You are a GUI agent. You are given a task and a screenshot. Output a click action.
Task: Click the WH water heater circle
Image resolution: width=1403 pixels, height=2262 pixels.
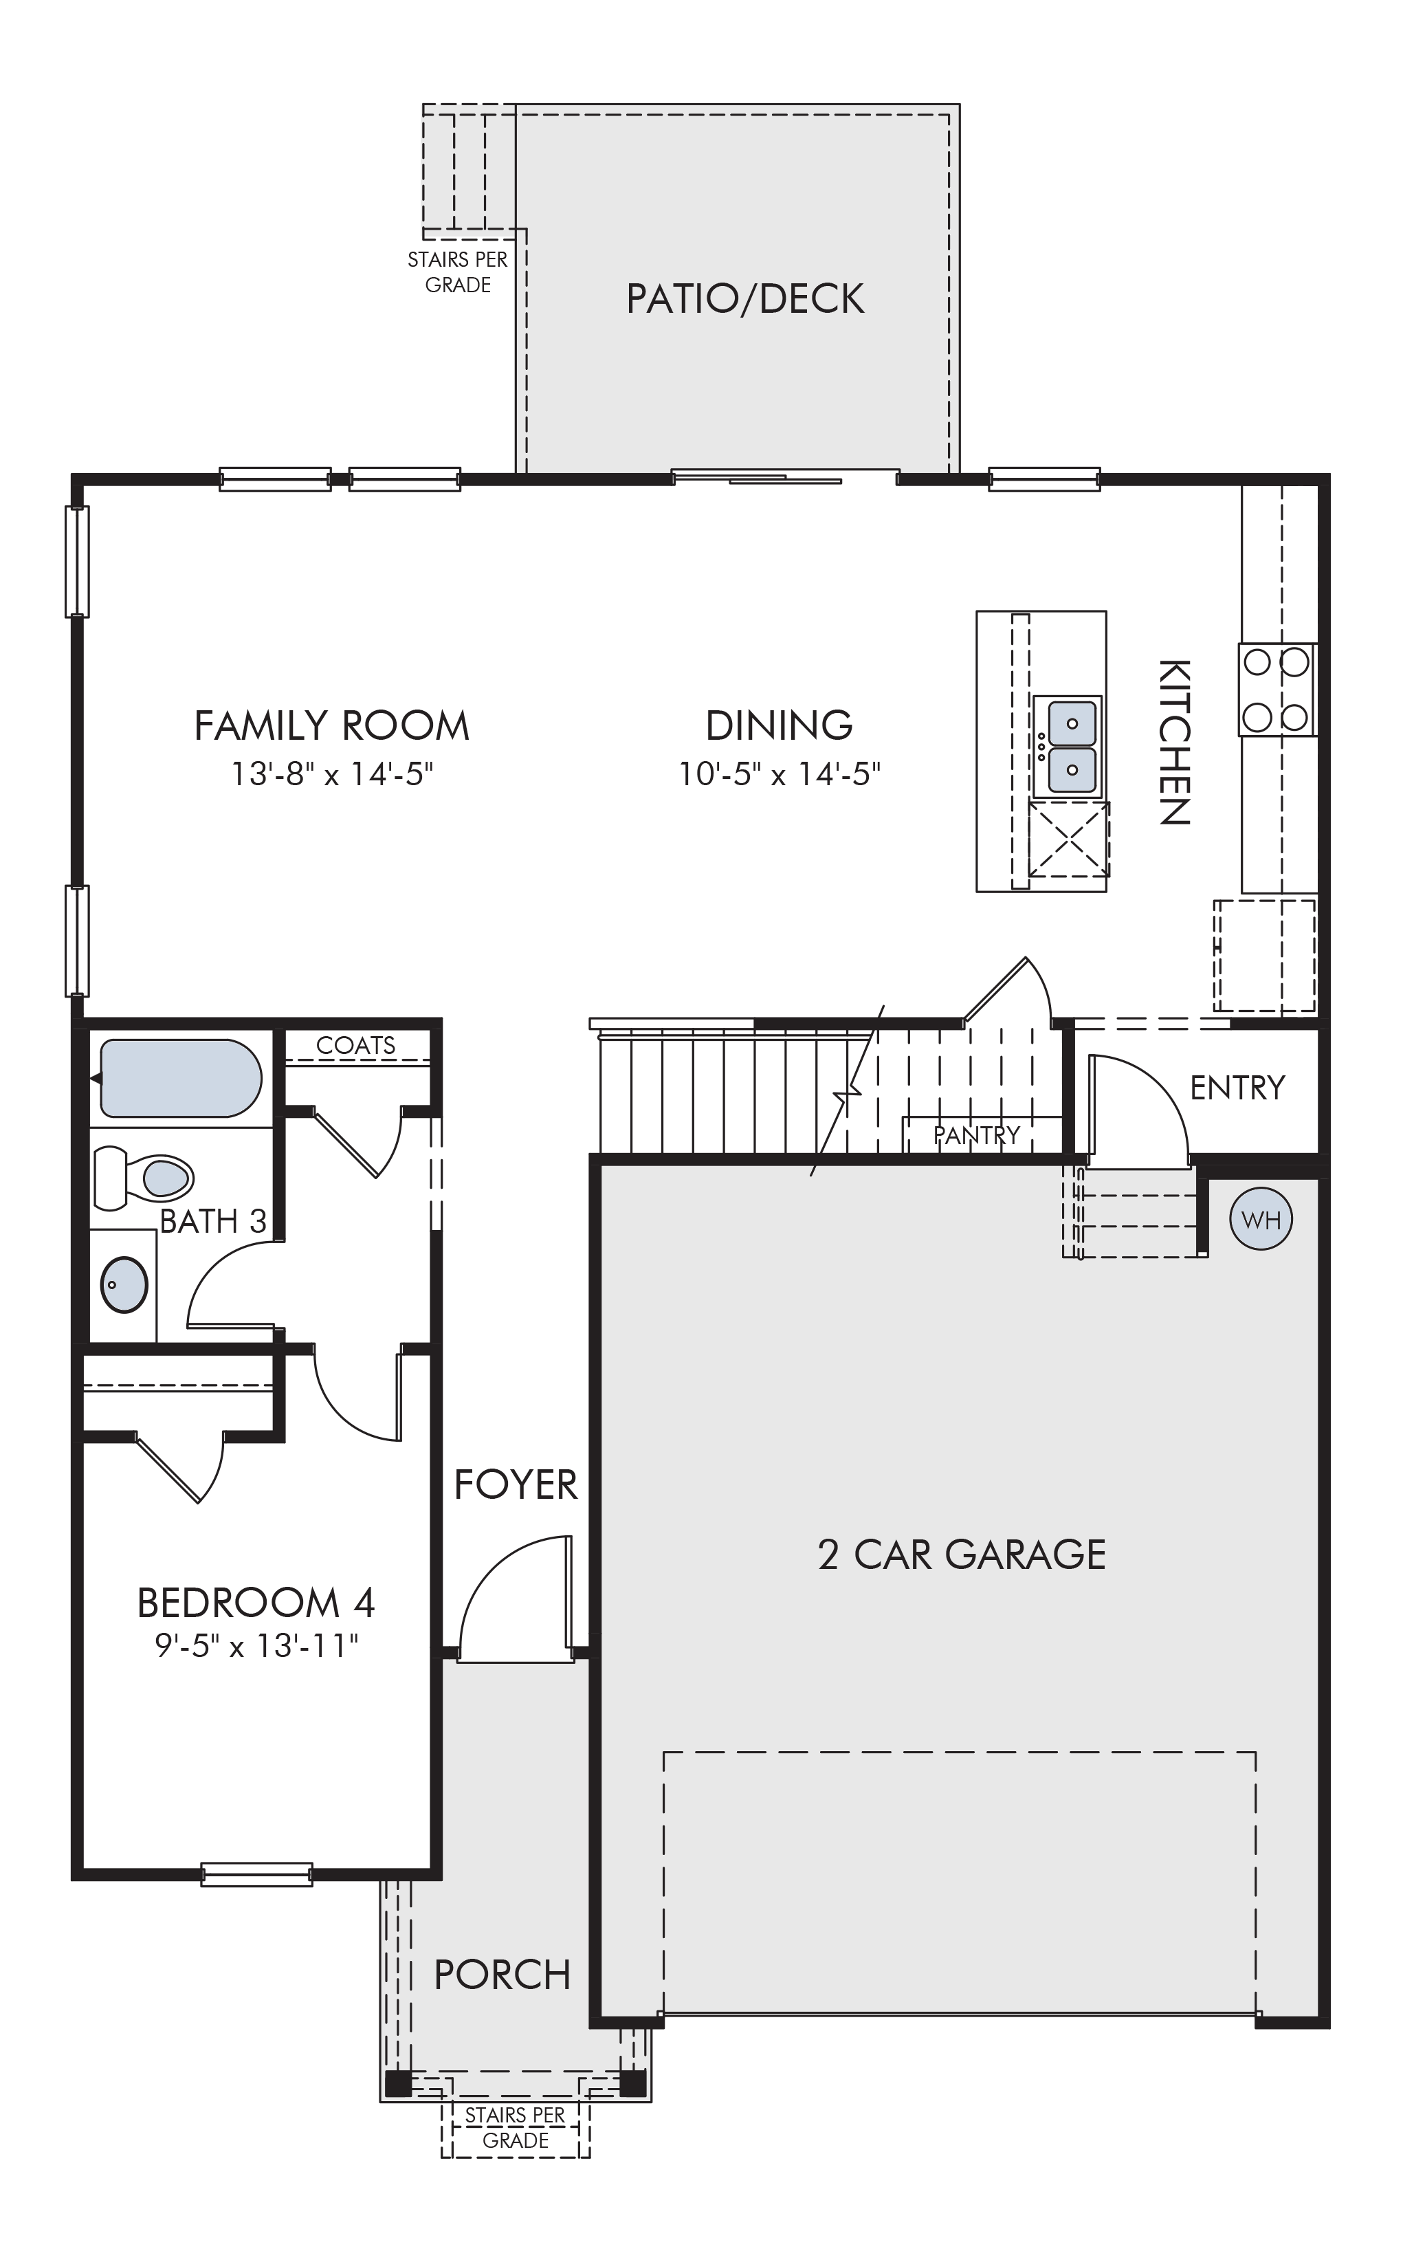point(1260,1219)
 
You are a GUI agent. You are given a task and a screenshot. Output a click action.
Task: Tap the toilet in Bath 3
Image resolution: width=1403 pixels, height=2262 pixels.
point(143,1178)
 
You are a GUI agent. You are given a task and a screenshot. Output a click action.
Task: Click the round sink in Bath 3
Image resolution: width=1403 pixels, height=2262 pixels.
point(124,1284)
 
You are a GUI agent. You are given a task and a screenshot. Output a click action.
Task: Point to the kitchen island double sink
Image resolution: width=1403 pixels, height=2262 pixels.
point(1071,747)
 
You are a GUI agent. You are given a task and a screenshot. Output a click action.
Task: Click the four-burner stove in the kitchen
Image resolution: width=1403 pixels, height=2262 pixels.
point(1277,690)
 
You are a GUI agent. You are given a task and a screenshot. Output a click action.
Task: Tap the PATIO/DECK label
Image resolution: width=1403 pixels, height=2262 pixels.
point(745,299)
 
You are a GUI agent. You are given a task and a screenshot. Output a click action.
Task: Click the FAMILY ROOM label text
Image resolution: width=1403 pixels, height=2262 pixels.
point(331,725)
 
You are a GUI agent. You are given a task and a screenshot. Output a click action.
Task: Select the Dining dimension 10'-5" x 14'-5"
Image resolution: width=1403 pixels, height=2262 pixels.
point(779,773)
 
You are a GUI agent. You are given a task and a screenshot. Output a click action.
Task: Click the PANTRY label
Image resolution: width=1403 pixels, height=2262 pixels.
point(976,1134)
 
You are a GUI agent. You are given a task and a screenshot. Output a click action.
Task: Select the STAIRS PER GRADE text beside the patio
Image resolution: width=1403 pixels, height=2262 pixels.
point(457,272)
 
